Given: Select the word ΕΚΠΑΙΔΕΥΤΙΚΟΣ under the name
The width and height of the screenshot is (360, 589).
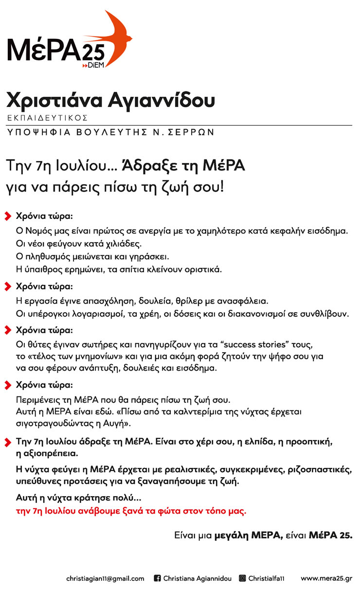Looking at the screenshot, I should (x=47, y=118).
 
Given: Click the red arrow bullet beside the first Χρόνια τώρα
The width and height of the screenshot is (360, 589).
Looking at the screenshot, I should (x=8, y=215).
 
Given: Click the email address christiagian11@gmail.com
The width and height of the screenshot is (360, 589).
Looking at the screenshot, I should (x=105, y=578).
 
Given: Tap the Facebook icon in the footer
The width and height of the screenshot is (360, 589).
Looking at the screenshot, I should (x=157, y=578).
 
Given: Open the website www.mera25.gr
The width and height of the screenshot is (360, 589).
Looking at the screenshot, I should (x=326, y=578).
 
